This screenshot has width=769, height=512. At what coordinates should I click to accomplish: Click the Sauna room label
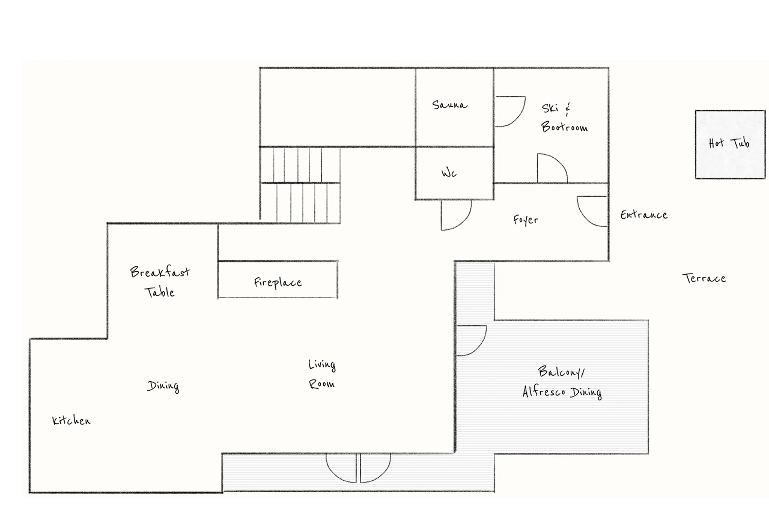450,105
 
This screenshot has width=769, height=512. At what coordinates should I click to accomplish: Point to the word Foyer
525,220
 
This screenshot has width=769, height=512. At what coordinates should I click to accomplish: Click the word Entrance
644,215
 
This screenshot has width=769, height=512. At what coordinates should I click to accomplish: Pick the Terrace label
704,278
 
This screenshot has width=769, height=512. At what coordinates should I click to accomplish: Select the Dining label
163,386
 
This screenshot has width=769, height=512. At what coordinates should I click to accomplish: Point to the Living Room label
322,374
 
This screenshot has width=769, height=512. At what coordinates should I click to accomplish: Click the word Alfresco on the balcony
544,392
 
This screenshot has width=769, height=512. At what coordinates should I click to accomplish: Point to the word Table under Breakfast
159,292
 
